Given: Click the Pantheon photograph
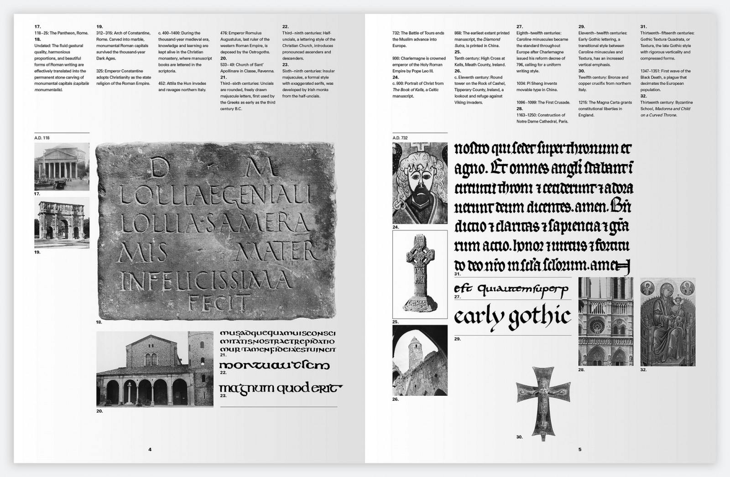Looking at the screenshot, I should click(x=62, y=166).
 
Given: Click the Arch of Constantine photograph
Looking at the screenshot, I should click(x=62, y=223).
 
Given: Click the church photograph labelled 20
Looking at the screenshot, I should click(x=155, y=368).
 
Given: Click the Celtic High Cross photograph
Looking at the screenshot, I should click(x=420, y=274).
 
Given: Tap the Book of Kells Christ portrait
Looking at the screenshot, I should click(x=420, y=182).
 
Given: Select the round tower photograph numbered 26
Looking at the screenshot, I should click(x=420, y=360).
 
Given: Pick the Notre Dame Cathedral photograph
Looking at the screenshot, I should click(x=605, y=321).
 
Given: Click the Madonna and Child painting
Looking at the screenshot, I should click(x=667, y=321).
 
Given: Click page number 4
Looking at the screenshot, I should click(x=150, y=449).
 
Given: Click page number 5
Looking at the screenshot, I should click(x=580, y=449).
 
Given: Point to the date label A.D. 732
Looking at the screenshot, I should click(x=400, y=138).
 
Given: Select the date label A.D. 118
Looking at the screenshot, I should click(x=42, y=138).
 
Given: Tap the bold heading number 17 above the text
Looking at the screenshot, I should click(x=37, y=27).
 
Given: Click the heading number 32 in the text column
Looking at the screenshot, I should click(x=643, y=96).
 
